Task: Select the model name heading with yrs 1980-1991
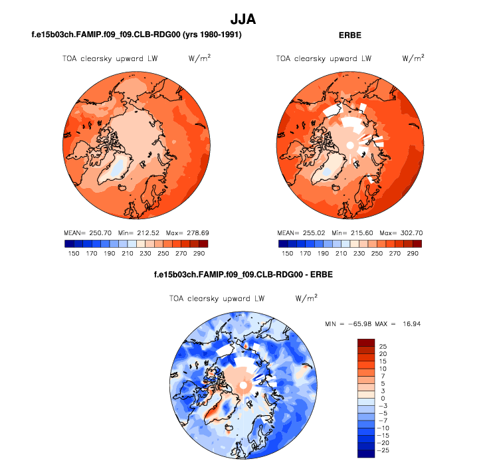pos(136,35)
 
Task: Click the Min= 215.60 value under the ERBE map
pos(349,233)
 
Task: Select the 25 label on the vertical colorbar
pos(382,347)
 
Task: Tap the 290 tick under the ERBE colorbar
pos(413,253)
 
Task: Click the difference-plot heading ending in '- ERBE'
pos(243,274)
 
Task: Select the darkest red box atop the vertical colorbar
pos(367,343)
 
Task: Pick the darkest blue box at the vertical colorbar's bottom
pos(367,454)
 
